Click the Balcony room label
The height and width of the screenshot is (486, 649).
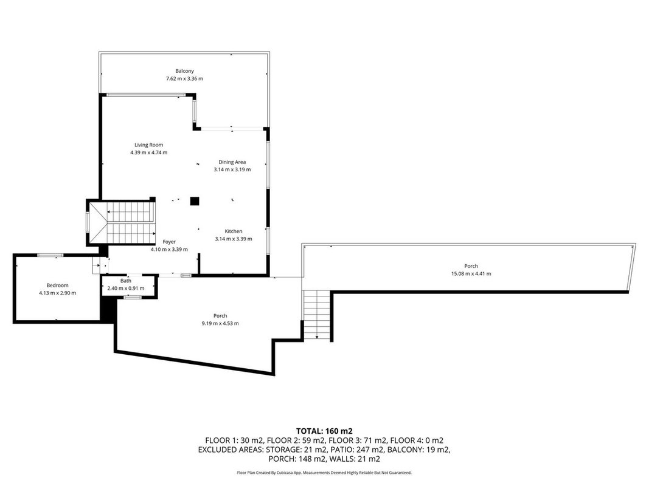pos(184,71)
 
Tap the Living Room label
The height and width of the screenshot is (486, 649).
pos(148,145)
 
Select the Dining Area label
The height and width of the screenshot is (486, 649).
pos(232,162)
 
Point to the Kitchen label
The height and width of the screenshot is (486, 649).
pos(234,231)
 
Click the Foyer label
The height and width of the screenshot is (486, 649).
pos(169,242)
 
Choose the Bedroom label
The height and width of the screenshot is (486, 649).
pos(58,285)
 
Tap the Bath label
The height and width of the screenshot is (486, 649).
pos(126,281)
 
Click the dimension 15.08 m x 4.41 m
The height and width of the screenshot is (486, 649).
pos(471,273)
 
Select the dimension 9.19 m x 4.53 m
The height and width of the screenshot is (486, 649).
pos(220,323)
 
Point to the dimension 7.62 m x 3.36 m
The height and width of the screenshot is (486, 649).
pos(184,78)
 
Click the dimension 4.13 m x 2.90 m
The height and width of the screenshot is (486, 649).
pos(58,293)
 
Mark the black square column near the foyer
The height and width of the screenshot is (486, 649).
pos(195,201)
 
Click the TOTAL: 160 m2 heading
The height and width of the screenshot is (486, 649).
pos(324,431)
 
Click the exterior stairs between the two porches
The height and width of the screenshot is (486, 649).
pos(317,315)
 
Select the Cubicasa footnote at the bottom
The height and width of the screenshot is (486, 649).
pos(324,473)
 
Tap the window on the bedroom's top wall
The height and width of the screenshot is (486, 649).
pos(50,255)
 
